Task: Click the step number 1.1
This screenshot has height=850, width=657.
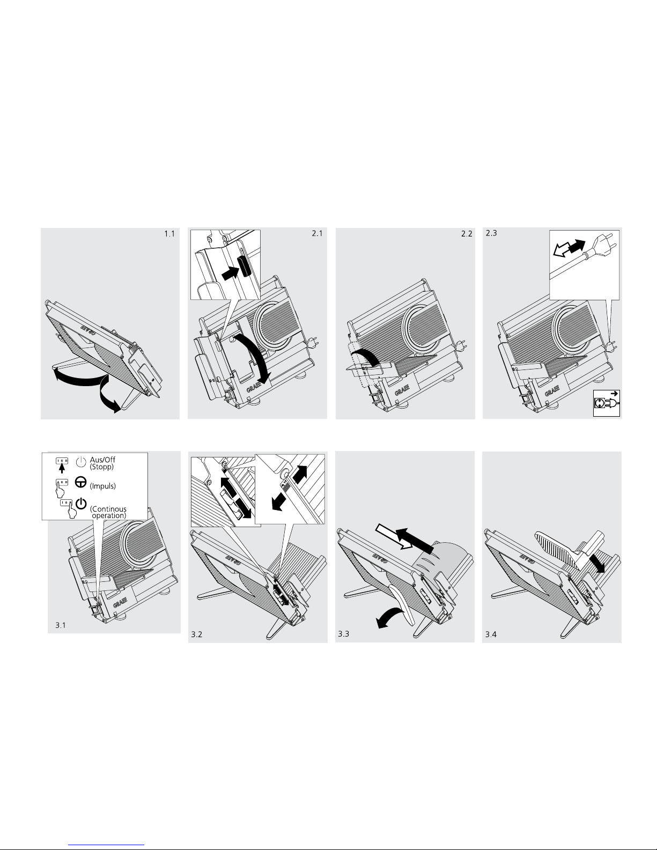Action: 169,234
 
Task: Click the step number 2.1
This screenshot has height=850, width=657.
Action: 317,233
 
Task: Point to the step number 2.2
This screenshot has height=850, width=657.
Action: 467,234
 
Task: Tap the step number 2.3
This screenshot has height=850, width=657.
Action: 491,233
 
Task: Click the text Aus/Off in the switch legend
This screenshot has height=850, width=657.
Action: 102,460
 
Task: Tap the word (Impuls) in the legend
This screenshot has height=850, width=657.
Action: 103,486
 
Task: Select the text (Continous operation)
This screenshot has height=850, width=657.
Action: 108,513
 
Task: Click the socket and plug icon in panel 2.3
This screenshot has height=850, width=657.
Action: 607,403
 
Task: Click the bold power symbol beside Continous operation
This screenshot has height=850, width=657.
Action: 81,504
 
